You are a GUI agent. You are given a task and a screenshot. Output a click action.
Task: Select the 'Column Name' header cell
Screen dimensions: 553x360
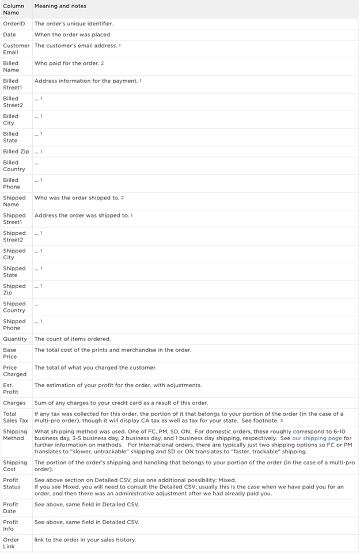click(x=14, y=9)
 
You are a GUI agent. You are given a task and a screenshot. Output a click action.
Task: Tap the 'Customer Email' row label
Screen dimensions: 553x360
click(x=16, y=49)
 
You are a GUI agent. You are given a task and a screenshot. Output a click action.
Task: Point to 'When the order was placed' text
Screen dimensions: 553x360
click(x=72, y=35)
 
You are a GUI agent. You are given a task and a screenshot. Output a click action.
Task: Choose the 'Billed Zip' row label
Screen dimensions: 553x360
click(x=16, y=151)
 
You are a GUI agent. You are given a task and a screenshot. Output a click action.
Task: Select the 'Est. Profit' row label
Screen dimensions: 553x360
click(x=12, y=388)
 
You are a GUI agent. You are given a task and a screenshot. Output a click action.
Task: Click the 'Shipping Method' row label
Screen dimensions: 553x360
click(x=15, y=434)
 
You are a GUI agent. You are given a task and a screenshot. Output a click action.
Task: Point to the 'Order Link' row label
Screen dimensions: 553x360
click(x=11, y=543)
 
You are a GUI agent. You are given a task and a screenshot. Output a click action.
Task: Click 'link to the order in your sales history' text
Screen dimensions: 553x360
click(x=85, y=540)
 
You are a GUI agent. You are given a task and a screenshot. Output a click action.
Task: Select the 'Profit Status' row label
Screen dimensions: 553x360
click(x=13, y=483)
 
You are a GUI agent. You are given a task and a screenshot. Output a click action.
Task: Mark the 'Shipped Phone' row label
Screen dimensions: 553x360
click(x=14, y=324)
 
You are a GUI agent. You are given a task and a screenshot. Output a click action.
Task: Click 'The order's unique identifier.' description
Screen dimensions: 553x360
click(x=74, y=24)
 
